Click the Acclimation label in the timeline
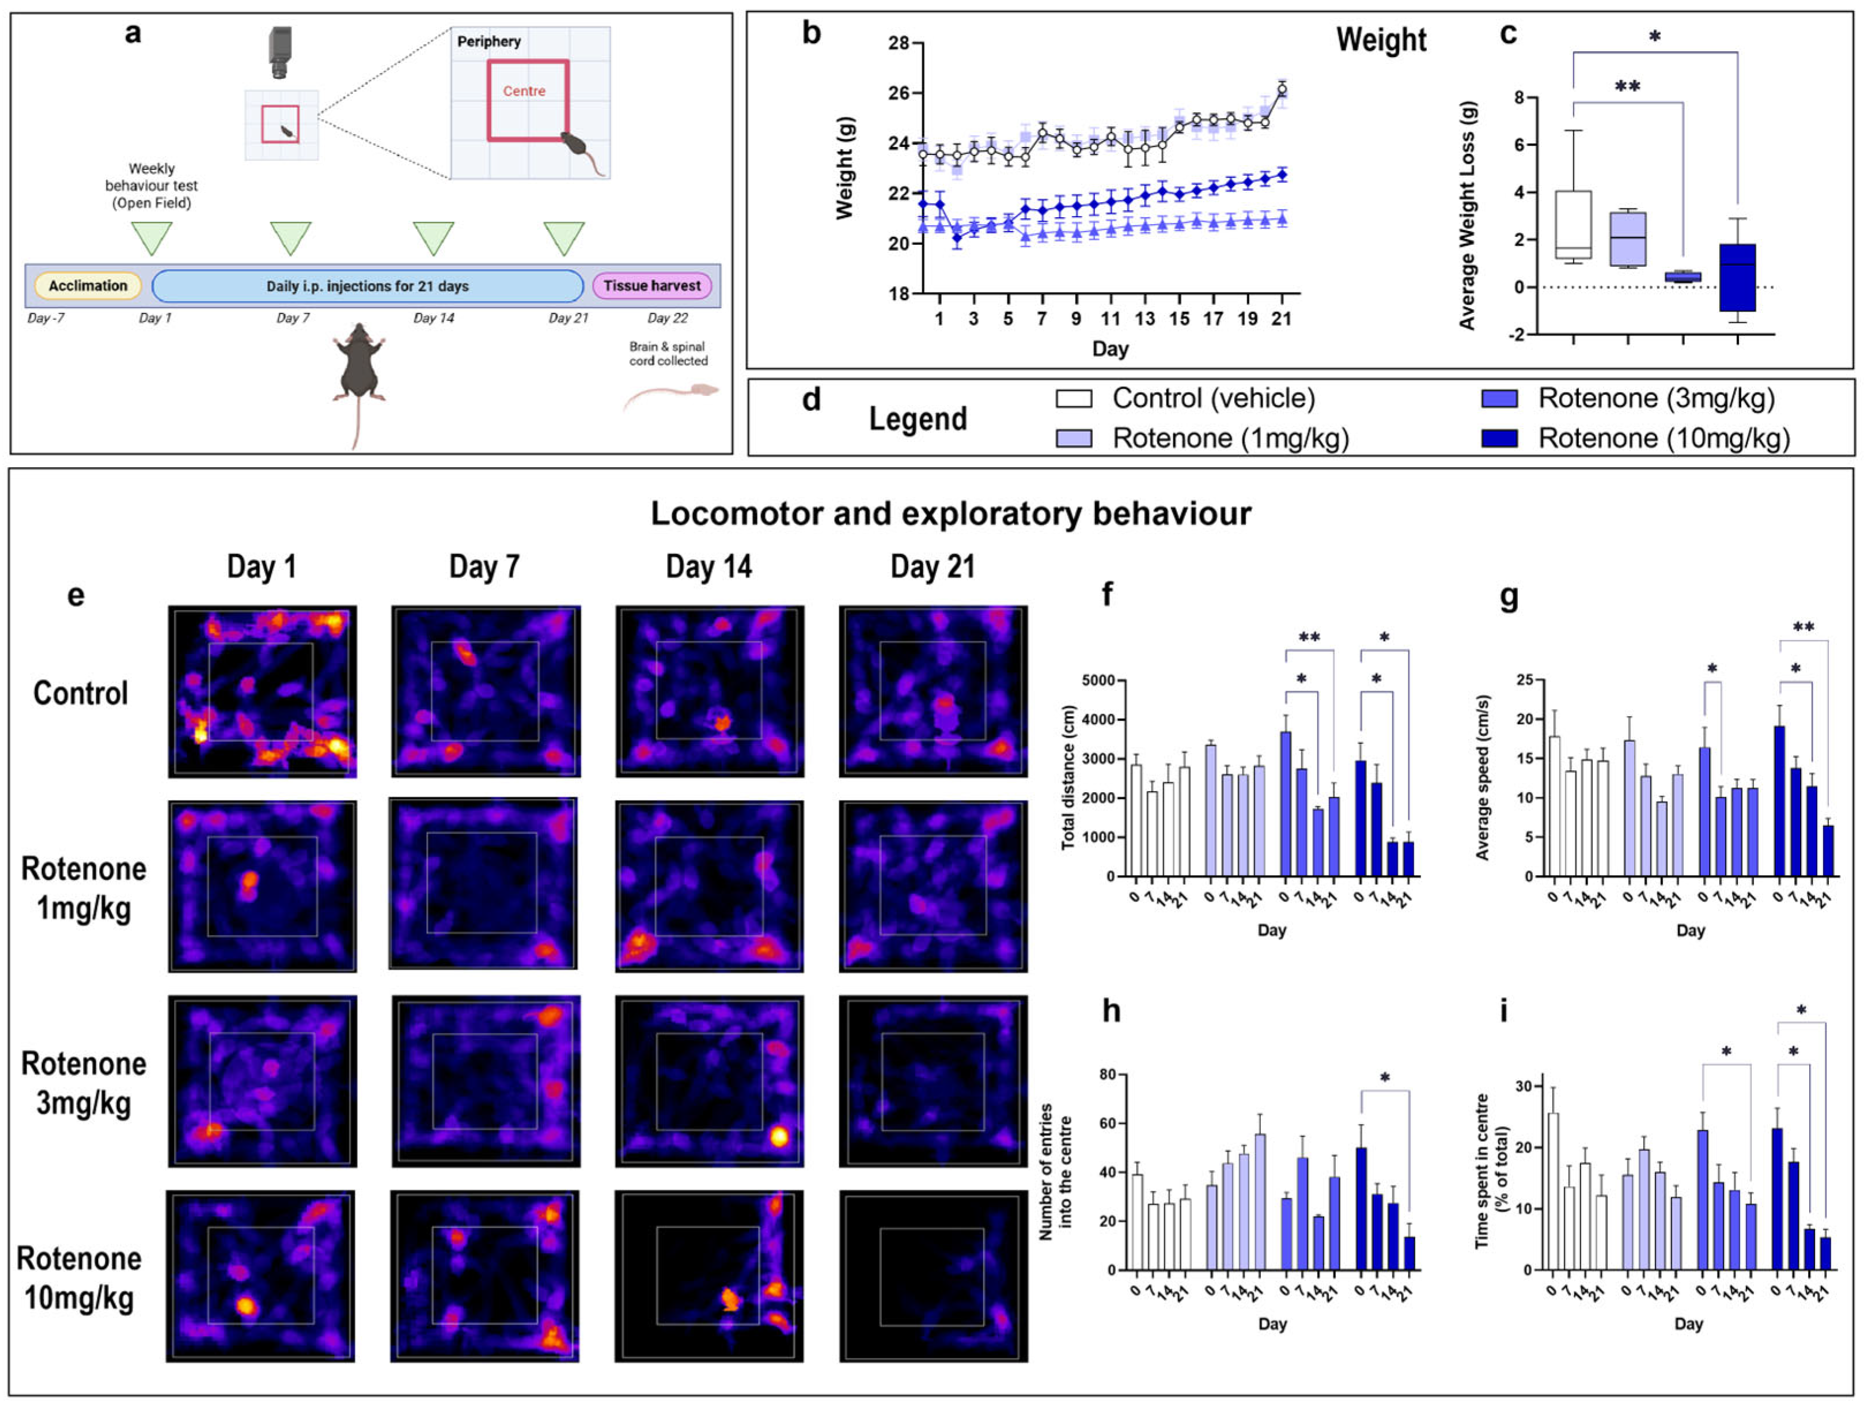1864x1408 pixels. click(88, 286)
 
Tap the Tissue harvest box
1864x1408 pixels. click(651, 286)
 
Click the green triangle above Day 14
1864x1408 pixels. click(433, 237)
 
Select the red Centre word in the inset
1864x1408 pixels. click(524, 91)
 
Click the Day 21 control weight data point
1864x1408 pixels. click(1282, 89)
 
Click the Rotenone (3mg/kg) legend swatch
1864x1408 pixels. click(1499, 399)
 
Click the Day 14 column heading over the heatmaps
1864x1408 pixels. click(709, 567)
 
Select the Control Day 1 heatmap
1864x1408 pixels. click(262, 691)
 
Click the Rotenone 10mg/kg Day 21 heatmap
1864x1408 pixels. click(933, 1275)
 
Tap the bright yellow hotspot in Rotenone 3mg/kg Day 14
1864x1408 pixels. click(779, 1137)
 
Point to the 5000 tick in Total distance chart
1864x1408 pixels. click(1097, 680)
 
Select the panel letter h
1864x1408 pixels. click(1112, 1010)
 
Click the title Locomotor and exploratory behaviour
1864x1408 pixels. click(950, 513)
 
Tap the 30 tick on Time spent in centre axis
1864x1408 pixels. click(1524, 1086)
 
